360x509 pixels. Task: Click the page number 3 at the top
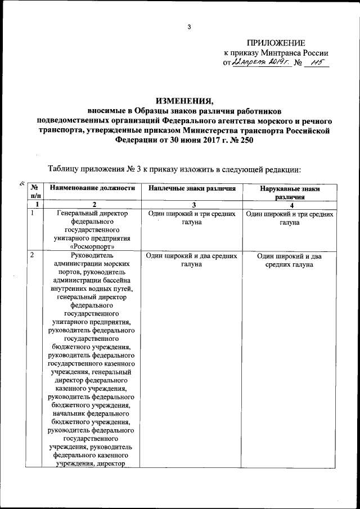(x=190, y=26)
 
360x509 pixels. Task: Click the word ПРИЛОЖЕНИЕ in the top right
(x=276, y=43)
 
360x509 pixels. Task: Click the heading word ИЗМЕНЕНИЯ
(x=185, y=101)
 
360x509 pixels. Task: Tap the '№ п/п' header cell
(x=34, y=192)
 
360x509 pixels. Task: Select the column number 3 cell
(x=192, y=205)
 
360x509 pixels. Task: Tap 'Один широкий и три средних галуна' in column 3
(x=192, y=218)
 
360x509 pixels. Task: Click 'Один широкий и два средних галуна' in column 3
(x=192, y=260)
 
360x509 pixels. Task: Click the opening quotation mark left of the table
(x=21, y=182)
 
